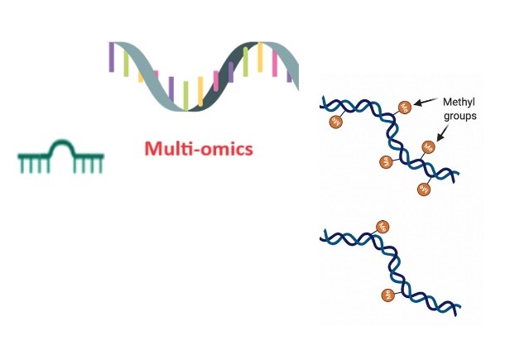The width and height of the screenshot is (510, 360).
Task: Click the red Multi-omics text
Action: coord(198,150)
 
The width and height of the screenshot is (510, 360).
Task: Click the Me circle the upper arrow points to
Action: coord(406,107)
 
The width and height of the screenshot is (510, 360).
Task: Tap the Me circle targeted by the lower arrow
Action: coord(429,146)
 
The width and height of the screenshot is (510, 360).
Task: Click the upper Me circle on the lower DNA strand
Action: coord(382,225)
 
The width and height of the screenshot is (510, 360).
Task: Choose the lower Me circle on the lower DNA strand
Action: coord(385,294)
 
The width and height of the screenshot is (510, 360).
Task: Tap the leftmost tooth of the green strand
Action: coord(21,166)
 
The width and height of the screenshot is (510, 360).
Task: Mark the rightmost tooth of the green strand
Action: coord(101,166)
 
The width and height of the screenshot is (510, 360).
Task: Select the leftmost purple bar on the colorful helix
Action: coord(111,58)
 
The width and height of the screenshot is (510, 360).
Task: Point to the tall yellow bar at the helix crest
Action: coord(260,58)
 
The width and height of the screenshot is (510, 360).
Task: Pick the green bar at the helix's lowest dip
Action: coord(185,93)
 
